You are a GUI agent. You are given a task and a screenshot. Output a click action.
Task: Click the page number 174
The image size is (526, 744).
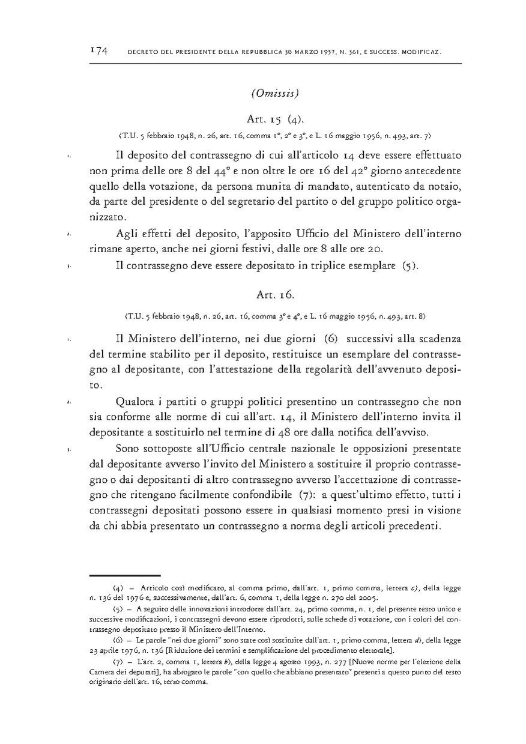point(98,52)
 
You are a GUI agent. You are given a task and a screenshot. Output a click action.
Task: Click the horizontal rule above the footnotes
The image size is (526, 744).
point(125,575)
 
